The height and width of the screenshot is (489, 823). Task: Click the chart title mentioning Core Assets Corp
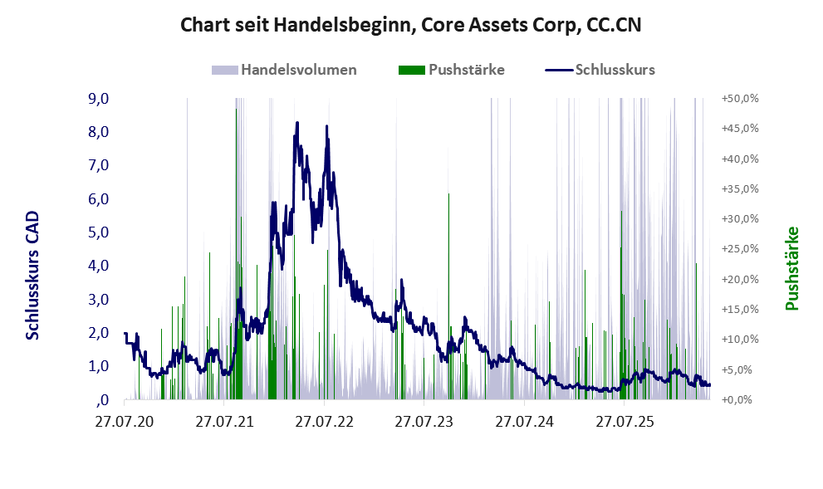pos(410,25)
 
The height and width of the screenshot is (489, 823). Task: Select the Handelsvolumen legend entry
pos(284,70)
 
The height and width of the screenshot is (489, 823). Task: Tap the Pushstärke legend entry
pos(452,70)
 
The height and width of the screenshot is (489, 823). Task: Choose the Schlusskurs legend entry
pos(600,70)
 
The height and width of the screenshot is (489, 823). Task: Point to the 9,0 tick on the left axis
pos(98,98)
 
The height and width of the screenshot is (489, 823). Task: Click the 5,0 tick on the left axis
pos(98,232)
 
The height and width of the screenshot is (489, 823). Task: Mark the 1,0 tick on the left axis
pos(98,366)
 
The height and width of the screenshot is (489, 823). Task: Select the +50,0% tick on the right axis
pos(740,98)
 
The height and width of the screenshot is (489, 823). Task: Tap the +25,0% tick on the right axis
pos(740,249)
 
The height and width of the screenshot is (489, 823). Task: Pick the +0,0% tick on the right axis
pos(740,400)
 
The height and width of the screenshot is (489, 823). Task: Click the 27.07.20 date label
pos(125,421)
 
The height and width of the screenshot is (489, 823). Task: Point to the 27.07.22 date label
pos(325,421)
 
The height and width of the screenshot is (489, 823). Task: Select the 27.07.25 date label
pos(625,421)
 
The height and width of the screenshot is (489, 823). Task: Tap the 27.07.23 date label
pos(424,421)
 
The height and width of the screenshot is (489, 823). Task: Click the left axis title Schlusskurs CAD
pos(32,276)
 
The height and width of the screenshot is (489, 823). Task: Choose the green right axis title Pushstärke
pos(791,268)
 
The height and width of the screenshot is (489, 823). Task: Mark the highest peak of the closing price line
pos(297,123)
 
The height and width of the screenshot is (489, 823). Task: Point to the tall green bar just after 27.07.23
pos(448,296)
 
